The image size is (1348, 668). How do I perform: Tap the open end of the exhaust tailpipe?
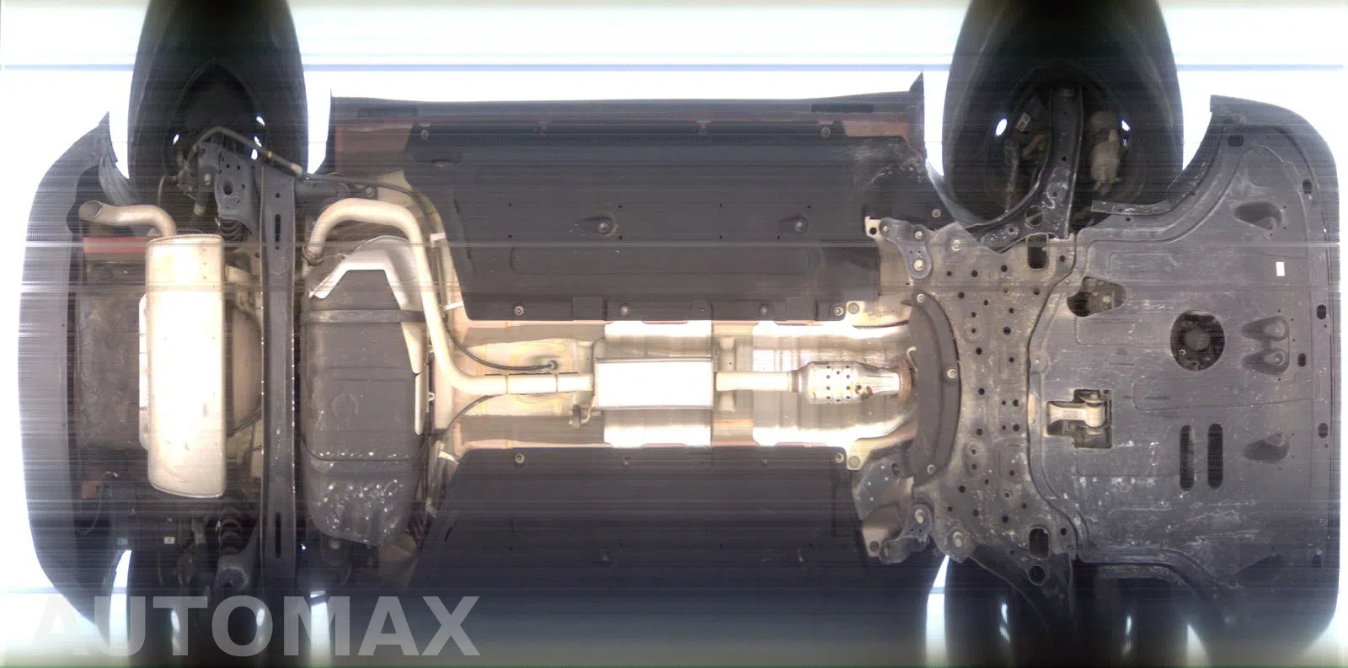click(x=86, y=211)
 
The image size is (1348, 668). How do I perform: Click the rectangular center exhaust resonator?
click(x=655, y=383)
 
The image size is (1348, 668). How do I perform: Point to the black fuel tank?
click(x=361, y=398)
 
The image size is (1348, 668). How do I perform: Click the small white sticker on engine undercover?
click(x=1278, y=270)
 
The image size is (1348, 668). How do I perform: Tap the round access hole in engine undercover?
click(x=1197, y=340)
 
